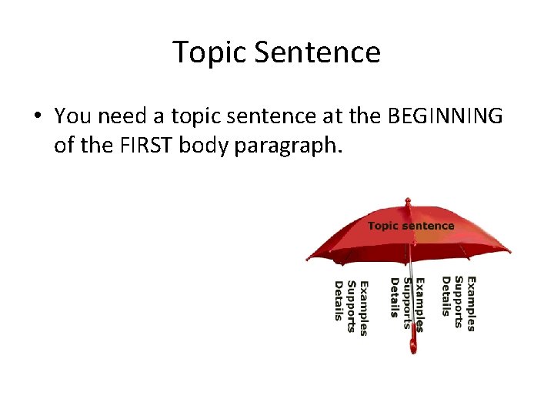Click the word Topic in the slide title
tap(209, 53)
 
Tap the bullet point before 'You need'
tap(37, 117)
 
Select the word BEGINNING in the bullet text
tap(445, 116)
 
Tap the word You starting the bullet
tap(72, 116)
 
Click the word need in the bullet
tap(120, 116)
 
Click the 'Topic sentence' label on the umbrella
tap(411, 226)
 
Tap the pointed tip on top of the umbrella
tap(408, 202)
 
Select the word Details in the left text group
tap(339, 300)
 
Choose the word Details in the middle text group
tap(394, 297)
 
